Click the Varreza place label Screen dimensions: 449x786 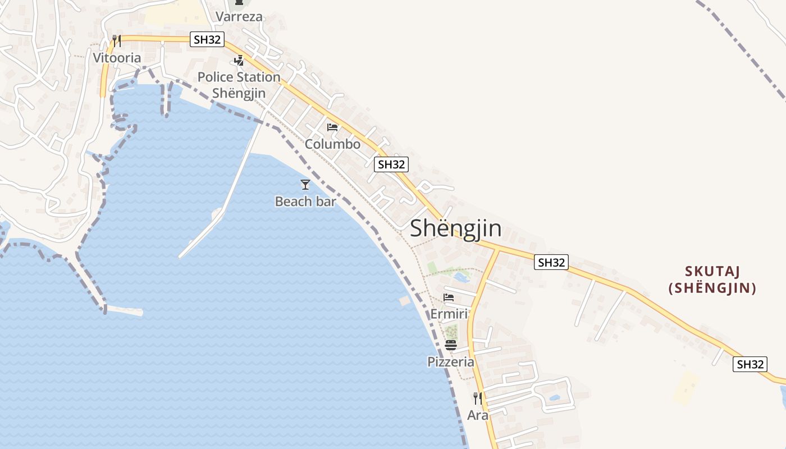(x=239, y=17)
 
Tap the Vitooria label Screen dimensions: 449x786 (x=117, y=58)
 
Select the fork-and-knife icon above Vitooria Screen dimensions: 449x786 (x=116, y=41)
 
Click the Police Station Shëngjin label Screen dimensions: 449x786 (x=239, y=85)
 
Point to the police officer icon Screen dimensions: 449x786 (x=239, y=61)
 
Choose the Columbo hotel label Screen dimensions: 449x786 (x=332, y=144)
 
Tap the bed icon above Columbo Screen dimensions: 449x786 (x=332, y=127)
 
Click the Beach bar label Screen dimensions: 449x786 (x=305, y=201)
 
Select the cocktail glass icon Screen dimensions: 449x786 (x=305, y=184)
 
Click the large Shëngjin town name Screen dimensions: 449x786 (x=455, y=228)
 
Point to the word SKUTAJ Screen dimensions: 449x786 (x=712, y=272)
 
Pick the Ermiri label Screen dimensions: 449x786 (x=449, y=314)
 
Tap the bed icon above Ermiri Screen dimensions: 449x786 (x=449, y=297)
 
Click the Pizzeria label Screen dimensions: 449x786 (x=451, y=362)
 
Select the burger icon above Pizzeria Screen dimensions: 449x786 (x=451, y=345)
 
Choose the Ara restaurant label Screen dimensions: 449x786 (x=478, y=415)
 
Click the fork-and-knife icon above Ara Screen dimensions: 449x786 (x=478, y=398)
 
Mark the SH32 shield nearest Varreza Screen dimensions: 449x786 (x=208, y=39)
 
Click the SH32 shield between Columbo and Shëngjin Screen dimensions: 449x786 (x=391, y=164)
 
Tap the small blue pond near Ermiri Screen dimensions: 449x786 (x=461, y=277)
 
